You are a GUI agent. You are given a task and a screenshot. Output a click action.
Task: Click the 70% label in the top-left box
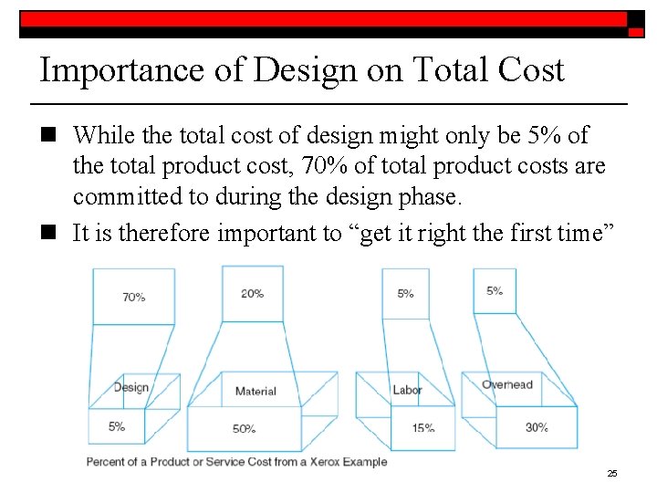tap(133, 297)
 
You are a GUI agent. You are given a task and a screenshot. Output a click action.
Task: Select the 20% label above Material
tap(253, 293)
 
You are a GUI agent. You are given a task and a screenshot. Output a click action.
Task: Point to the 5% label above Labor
tap(406, 293)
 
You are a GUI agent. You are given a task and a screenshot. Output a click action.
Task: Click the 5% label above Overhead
tap(495, 290)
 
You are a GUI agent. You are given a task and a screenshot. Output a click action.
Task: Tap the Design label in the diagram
tap(131, 387)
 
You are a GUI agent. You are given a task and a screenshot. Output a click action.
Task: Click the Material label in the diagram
tap(255, 391)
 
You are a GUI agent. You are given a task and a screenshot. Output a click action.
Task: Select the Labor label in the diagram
tap(407, 390)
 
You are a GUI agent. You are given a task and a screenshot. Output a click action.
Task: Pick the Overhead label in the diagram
tap(507, 384)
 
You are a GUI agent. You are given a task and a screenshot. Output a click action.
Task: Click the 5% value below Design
tap(117, 426)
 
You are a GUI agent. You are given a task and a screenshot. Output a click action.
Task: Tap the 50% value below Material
tap(244, 429)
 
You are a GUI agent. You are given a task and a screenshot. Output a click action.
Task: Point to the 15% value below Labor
tap(422, 427)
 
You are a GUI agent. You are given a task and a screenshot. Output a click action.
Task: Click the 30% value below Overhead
tap(537, 427)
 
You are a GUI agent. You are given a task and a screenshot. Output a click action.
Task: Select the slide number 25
tap(612, 473)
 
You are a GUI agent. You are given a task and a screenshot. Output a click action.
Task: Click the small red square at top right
tap(635, 31)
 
